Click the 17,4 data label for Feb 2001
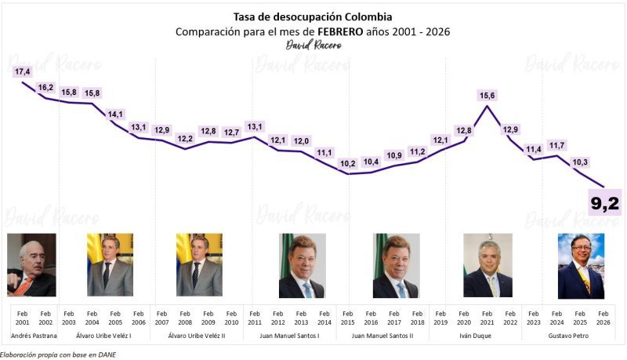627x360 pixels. tap(23, 72)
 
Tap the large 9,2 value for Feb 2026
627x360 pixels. tap(604, 203)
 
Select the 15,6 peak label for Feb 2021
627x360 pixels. tap(487, 96)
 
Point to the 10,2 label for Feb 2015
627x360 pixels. tap(347, 163)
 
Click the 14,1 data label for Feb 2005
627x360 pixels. tap(115, 115)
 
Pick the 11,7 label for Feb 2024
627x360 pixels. tap(557, 145)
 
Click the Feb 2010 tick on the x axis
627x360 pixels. tap(231, 318)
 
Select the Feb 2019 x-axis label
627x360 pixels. tap(440, 318)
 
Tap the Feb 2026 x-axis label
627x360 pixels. tap(603, 318)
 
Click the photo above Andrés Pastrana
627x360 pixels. tap(31, 265)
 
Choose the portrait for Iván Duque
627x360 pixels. tap(487, 265)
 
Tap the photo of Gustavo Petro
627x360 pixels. tap(581, 265)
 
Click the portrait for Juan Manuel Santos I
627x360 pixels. tap(302, 265)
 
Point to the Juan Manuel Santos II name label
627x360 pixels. tap(383, 336)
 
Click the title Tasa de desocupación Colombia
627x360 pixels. tap(313, 16)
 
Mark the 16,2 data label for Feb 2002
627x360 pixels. tap(45, 88)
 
